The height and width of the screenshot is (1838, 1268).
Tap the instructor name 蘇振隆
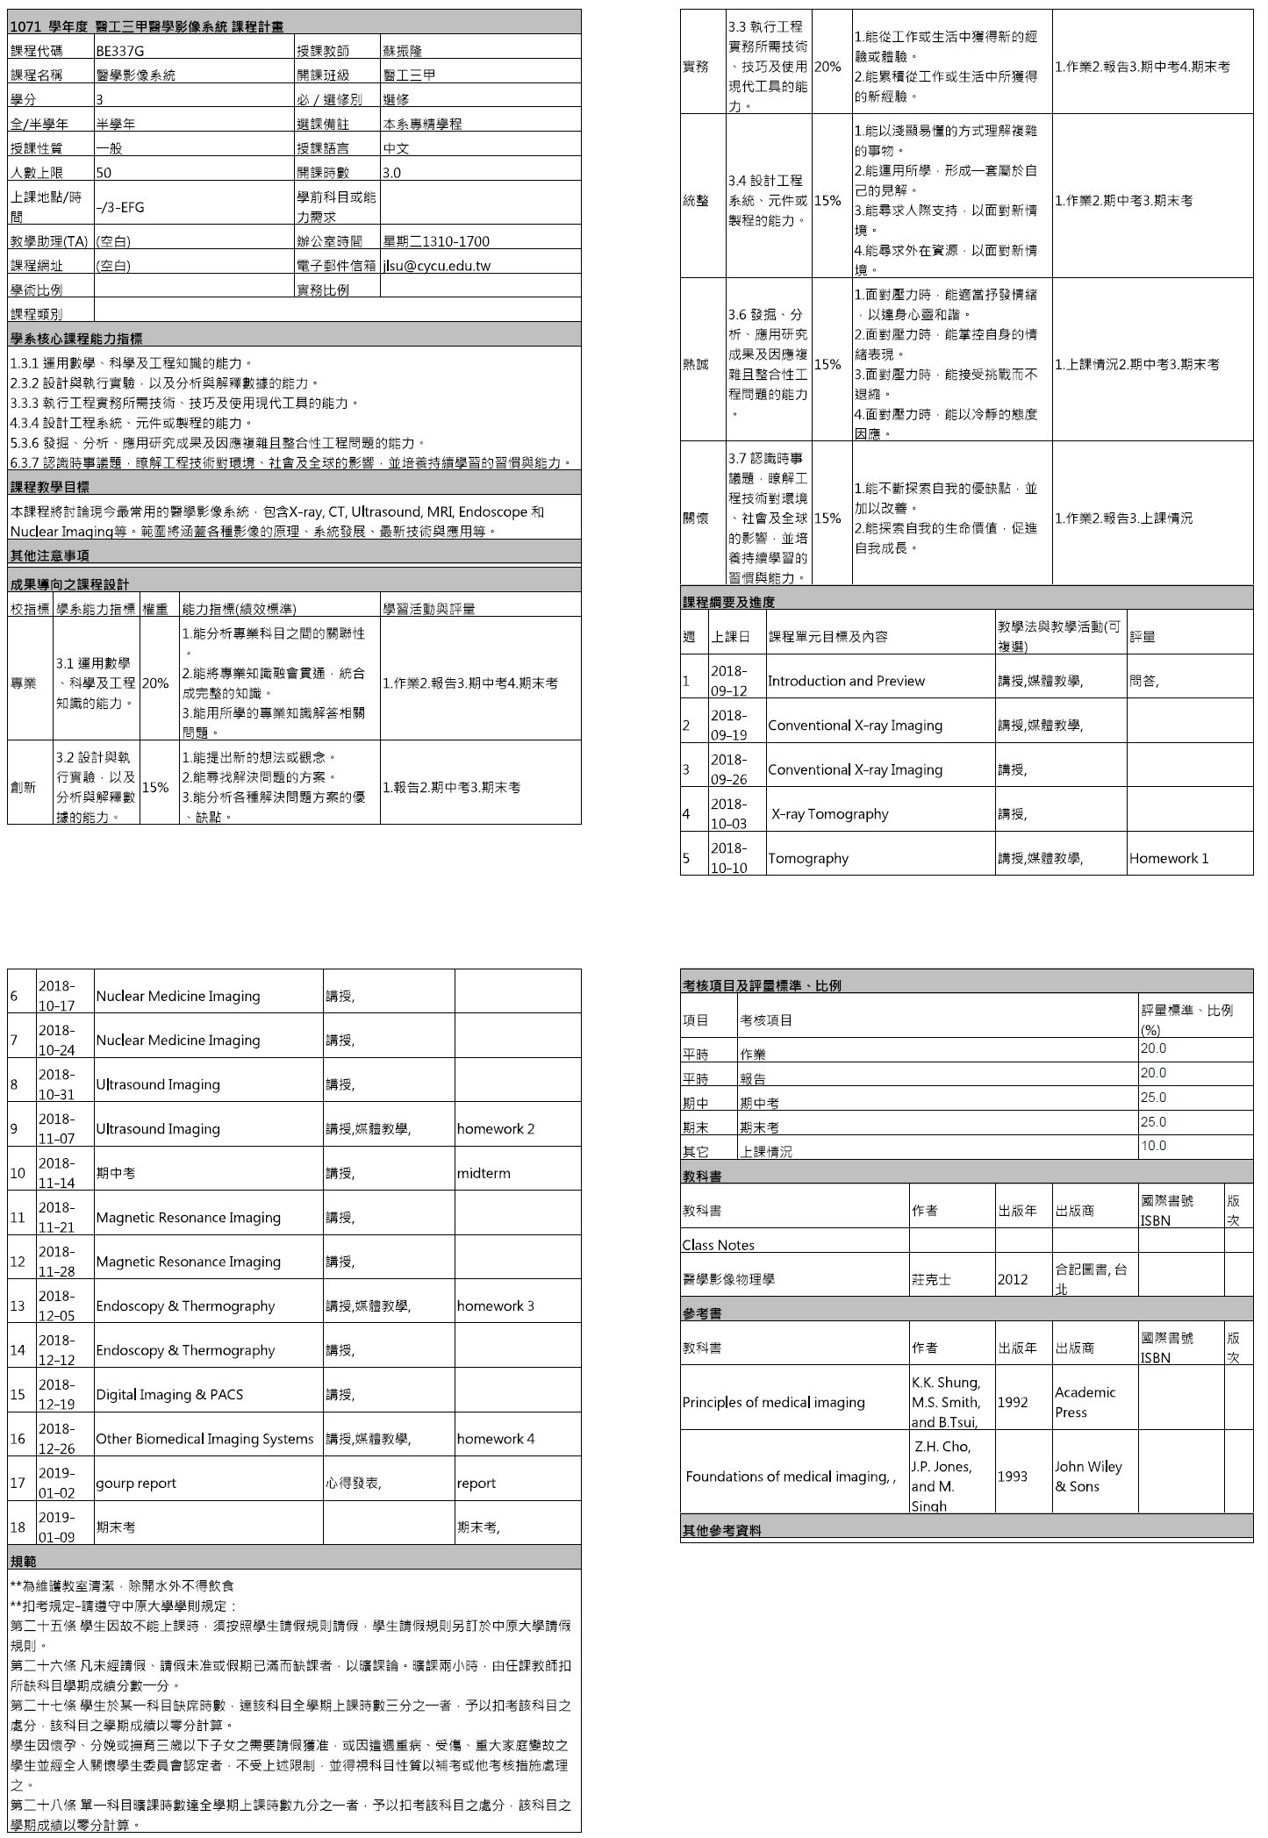pyautogui.click(x=403, y=51)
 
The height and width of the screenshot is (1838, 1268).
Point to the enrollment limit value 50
pyautogui.click(x=104, y=173)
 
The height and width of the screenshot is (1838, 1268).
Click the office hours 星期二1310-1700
pyautogui.click(x=436, y=241)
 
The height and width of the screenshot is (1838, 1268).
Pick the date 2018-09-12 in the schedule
pyautogui.click(x=728, y=681)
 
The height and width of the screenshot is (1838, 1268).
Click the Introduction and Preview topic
pyautogui.click(x=846, y=681)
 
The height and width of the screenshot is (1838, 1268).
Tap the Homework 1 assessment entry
pyautogui.click(x=1168, y=858)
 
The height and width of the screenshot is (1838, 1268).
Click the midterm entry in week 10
pyautogui.click(x=484, y=1173)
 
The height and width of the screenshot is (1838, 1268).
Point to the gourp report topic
pyautogui.click(x=136, y=1483)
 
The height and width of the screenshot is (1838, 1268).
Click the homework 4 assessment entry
pyautogui.click(x=495, y=1439)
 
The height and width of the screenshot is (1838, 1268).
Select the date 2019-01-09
pyautogui.click(x=56, y=1527)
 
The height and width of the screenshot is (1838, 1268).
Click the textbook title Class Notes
pyautogui.click(x=718, y=1245)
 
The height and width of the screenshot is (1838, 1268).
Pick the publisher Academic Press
pyautogui.click(x=1085, y=1402)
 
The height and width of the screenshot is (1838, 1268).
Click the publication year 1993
pyautogui.click(x=1012, y=1477)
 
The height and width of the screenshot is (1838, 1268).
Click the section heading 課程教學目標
pyautogui.click(x=49, y=487)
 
